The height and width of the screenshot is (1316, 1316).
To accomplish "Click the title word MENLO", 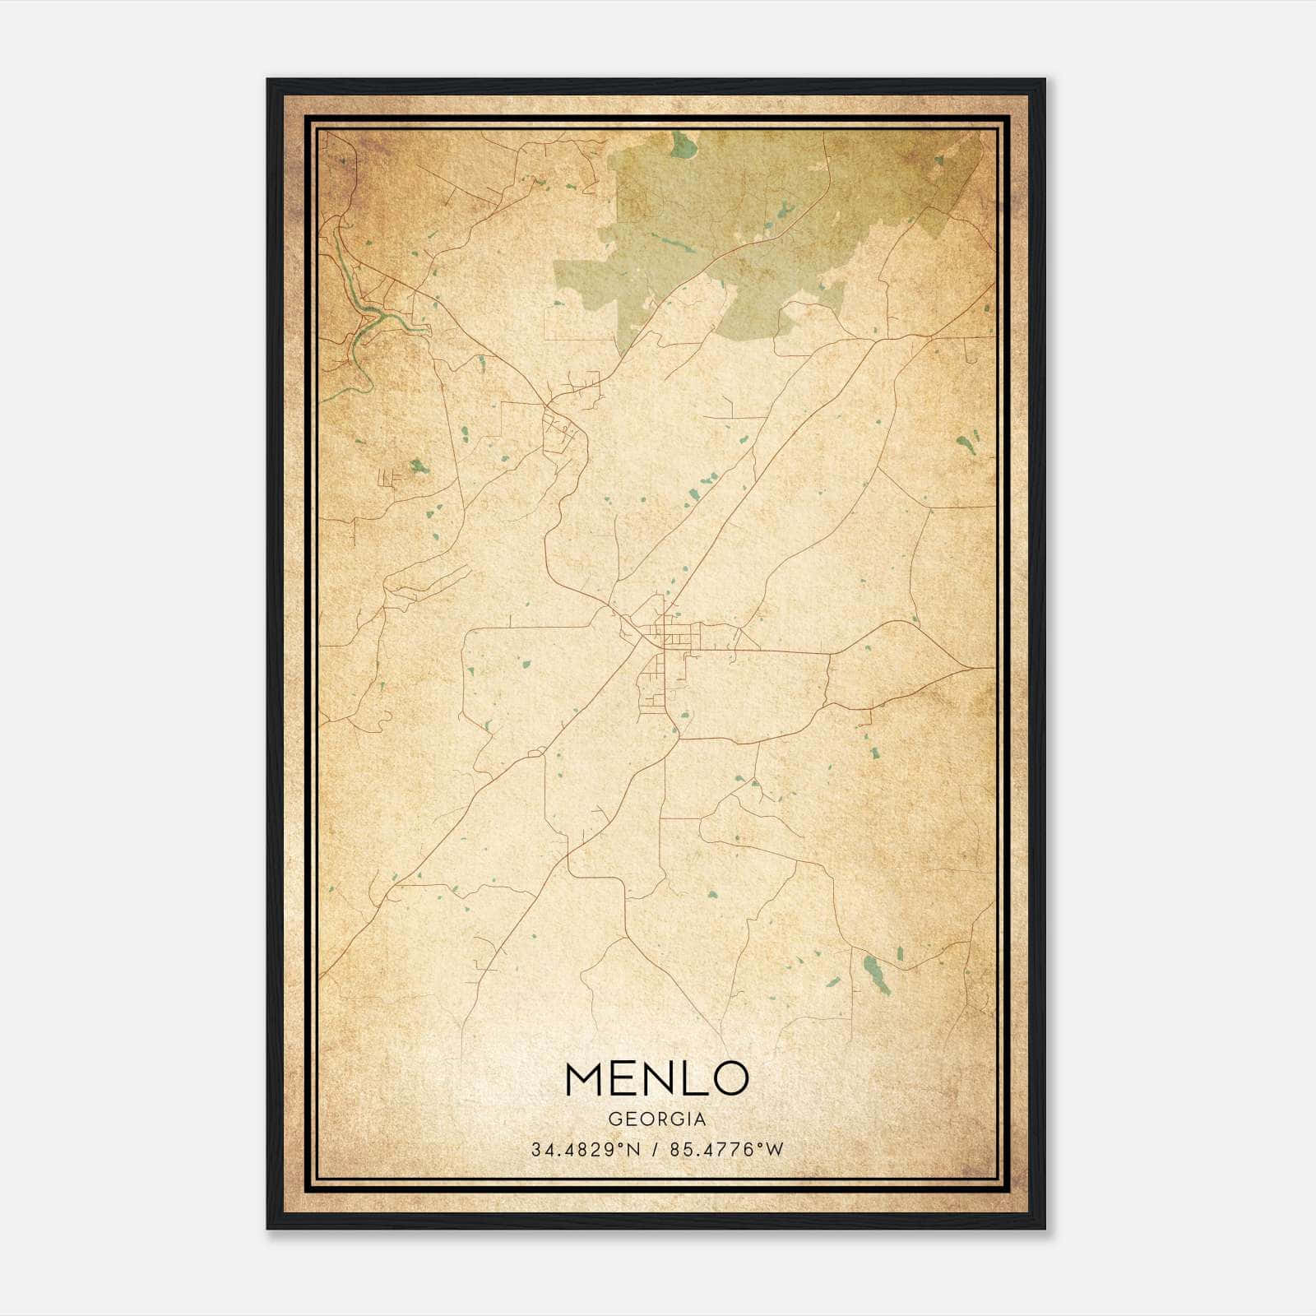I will tap(656, 1079).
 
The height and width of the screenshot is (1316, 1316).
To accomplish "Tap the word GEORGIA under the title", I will tap(657, 1119).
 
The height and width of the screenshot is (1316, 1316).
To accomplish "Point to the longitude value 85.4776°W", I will tap(727, 1149).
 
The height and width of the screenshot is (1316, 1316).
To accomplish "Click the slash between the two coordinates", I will tap(655, 1149).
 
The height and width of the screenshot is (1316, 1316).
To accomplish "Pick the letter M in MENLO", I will tap(586, 1079).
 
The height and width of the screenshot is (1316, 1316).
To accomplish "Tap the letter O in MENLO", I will tap(730, 1079).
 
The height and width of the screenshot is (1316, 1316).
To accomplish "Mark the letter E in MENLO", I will tap(623, 1079).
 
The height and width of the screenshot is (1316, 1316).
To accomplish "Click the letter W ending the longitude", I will tap(775, 1149).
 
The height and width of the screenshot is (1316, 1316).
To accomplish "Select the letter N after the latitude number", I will tap(633, 1149).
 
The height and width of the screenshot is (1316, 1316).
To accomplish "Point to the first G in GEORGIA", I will tap(614, 1119).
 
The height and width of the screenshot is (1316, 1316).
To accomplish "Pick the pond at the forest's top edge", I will tap(682, 146).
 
